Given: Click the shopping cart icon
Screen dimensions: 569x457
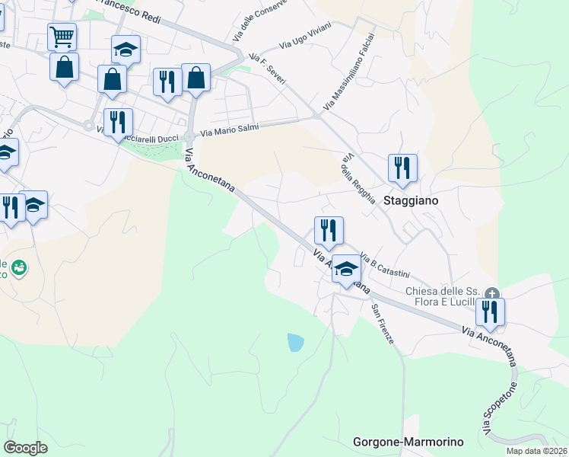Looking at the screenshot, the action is coord(61,35).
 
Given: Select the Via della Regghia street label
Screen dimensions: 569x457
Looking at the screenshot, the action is coord(358,178).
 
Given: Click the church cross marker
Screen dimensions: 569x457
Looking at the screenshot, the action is coord(492,293).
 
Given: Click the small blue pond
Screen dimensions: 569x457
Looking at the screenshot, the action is coord(295,342).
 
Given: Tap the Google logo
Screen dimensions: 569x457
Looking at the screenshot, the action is coord(25,448).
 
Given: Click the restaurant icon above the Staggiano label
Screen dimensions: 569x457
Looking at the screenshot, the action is coord(402,168).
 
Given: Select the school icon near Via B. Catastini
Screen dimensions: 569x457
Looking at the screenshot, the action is coord(346,268).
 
